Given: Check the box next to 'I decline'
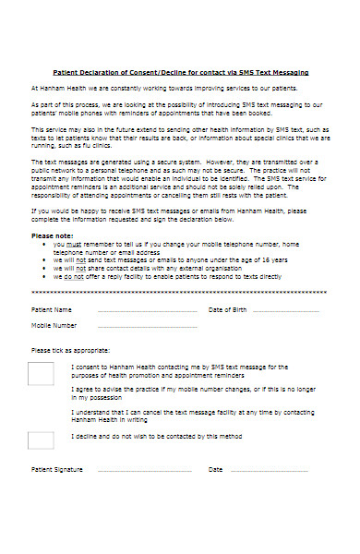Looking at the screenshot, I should click(41, 440).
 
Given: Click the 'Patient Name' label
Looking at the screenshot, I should click(52, 309).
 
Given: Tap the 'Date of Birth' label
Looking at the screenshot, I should click(229, 309).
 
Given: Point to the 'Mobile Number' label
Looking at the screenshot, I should click(54, 326).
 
